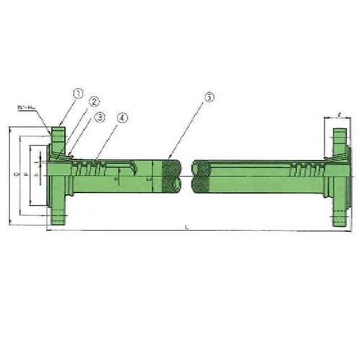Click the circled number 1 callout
click(78, 94)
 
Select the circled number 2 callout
click(94, 102)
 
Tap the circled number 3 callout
click(100, 116)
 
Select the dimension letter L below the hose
click(186, 227)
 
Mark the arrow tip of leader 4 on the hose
click(95, 160)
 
